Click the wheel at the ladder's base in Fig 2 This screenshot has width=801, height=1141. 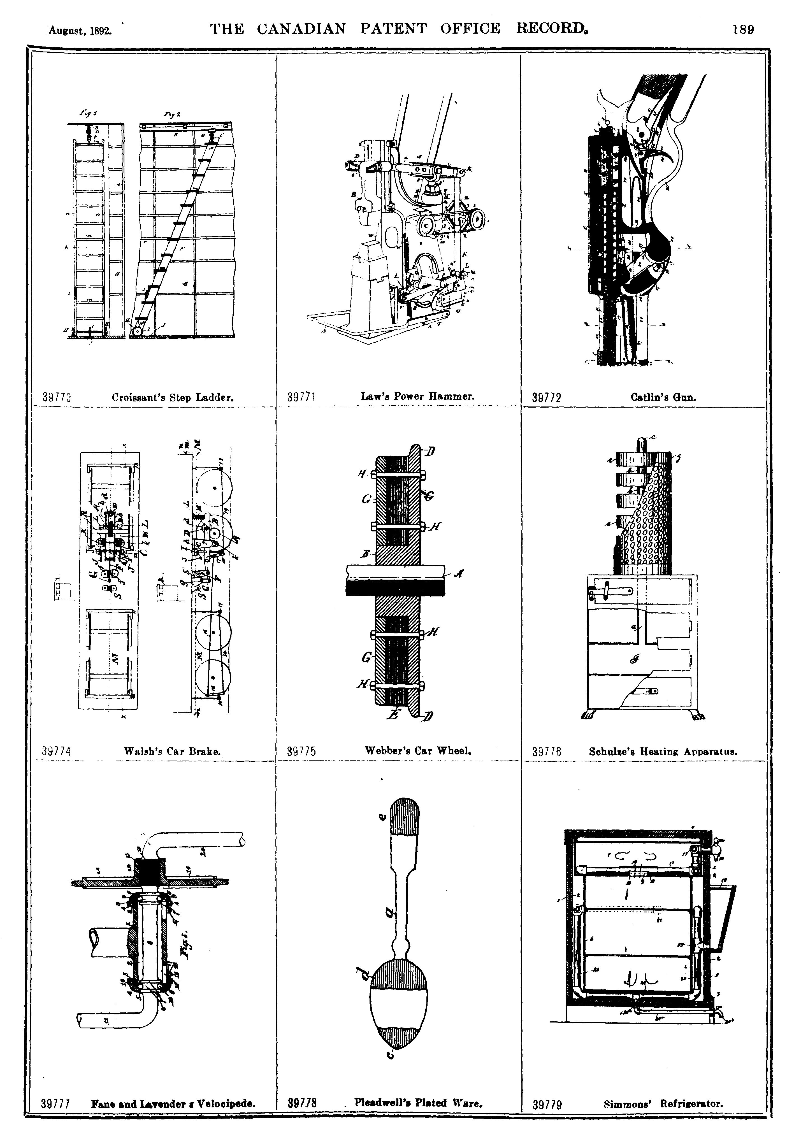137,329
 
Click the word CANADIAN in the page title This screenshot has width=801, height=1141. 302,29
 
